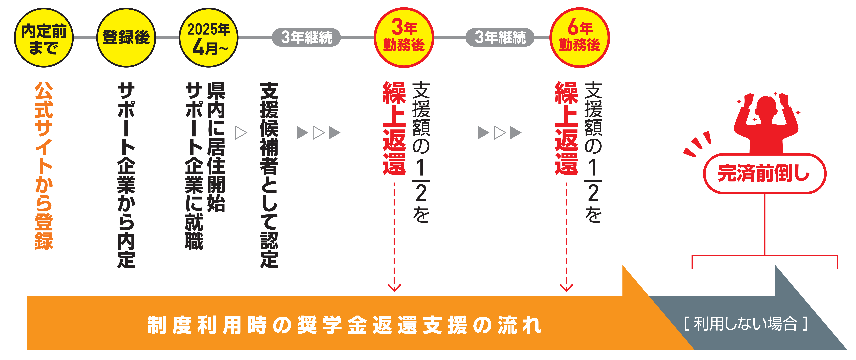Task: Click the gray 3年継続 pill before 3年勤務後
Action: click(306, 37)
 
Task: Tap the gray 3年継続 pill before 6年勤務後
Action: click(500, 37)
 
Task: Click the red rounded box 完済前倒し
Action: click(764, 174)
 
